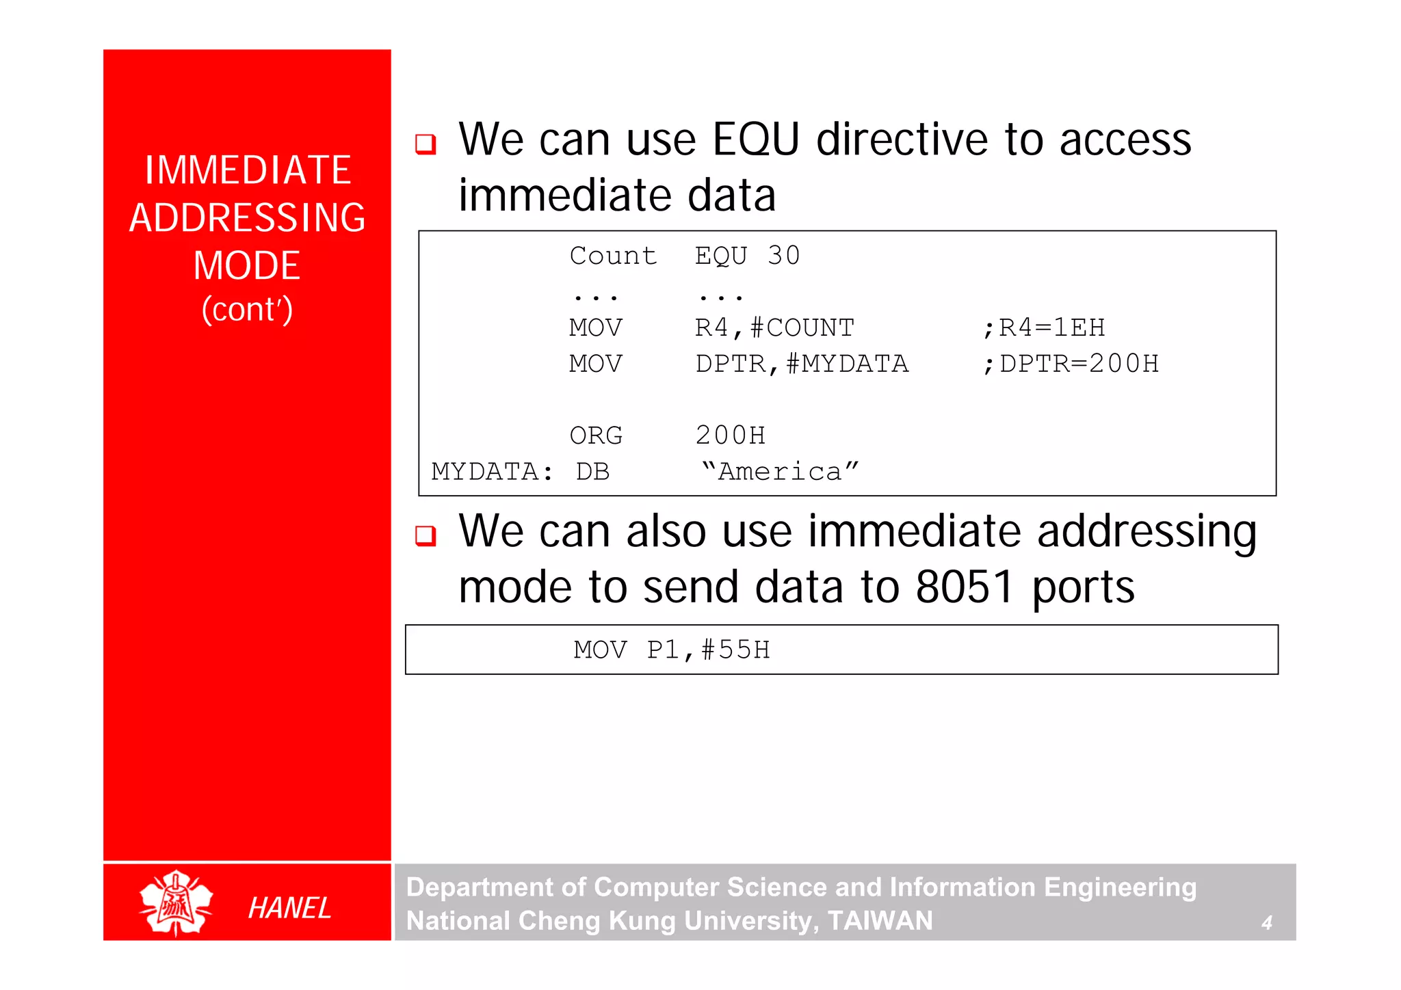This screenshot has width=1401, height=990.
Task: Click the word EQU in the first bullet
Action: pyautogui.click(x=755, y=140)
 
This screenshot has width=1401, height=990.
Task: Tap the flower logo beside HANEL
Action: pyautogui.click(x=176, y=903)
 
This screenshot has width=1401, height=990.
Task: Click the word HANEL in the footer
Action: pyautogui.click(x=289, y=908)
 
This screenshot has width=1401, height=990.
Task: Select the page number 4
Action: pyautogui.click(x=1266, y=923)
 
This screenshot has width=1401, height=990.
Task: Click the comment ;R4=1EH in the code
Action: pyautogui.click(x=1044, y=328)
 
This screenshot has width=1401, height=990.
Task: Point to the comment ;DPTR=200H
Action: pyautogui.click(x=1071, y=364)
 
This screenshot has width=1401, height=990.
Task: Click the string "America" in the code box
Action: pyautogui.click(x=780, y=472)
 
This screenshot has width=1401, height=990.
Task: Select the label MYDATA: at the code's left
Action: pyautogui.click(x=492, y=472)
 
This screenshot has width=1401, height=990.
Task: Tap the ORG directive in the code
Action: pyautogui.click(x=596, y=436)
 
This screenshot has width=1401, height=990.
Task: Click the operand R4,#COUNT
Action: pyautogui.click(x=774, y=328)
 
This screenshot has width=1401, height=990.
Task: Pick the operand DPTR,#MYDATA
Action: pyautogui.click(x=802, y=364)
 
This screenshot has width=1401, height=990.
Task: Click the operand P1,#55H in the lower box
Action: pyautogui.click(x=708, y=650)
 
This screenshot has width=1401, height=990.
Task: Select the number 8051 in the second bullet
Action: pyautogui.click(x=965, y=587)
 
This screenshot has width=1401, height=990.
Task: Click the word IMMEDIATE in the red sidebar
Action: pyautogui.click(x=248, y=170)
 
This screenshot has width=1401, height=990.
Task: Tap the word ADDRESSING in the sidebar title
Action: pyautogui.click(x=248, y=218)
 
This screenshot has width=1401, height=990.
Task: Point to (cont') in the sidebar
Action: pyautogui.click(x=248, y=309)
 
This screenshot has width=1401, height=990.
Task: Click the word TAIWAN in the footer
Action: pyautogui.click(x=880, y=921)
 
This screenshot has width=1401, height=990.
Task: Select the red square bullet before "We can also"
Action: pyautogui.click(x=425, y=535)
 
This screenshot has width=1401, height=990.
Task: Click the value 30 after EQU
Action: pyautogui.click(x=783, y=256)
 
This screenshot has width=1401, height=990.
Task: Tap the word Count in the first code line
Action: pyautogui.click(x=613, y=256)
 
